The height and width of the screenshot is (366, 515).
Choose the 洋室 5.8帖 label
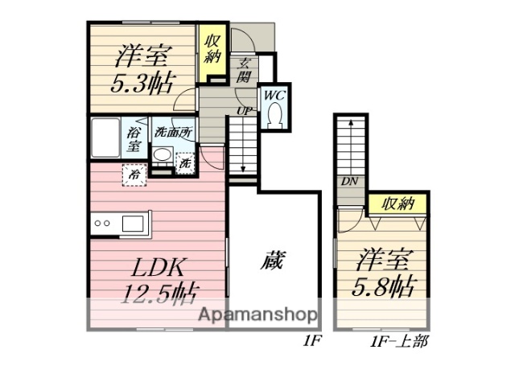point(385,273)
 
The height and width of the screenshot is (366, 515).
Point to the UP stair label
point(242,110)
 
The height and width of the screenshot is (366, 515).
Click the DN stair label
point(348,182)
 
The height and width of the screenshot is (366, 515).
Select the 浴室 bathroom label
point(134,139)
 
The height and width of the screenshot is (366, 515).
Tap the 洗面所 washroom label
point(172,131)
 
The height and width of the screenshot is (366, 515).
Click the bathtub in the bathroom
point(105,138)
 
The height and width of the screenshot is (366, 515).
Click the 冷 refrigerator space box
point(132,172)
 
